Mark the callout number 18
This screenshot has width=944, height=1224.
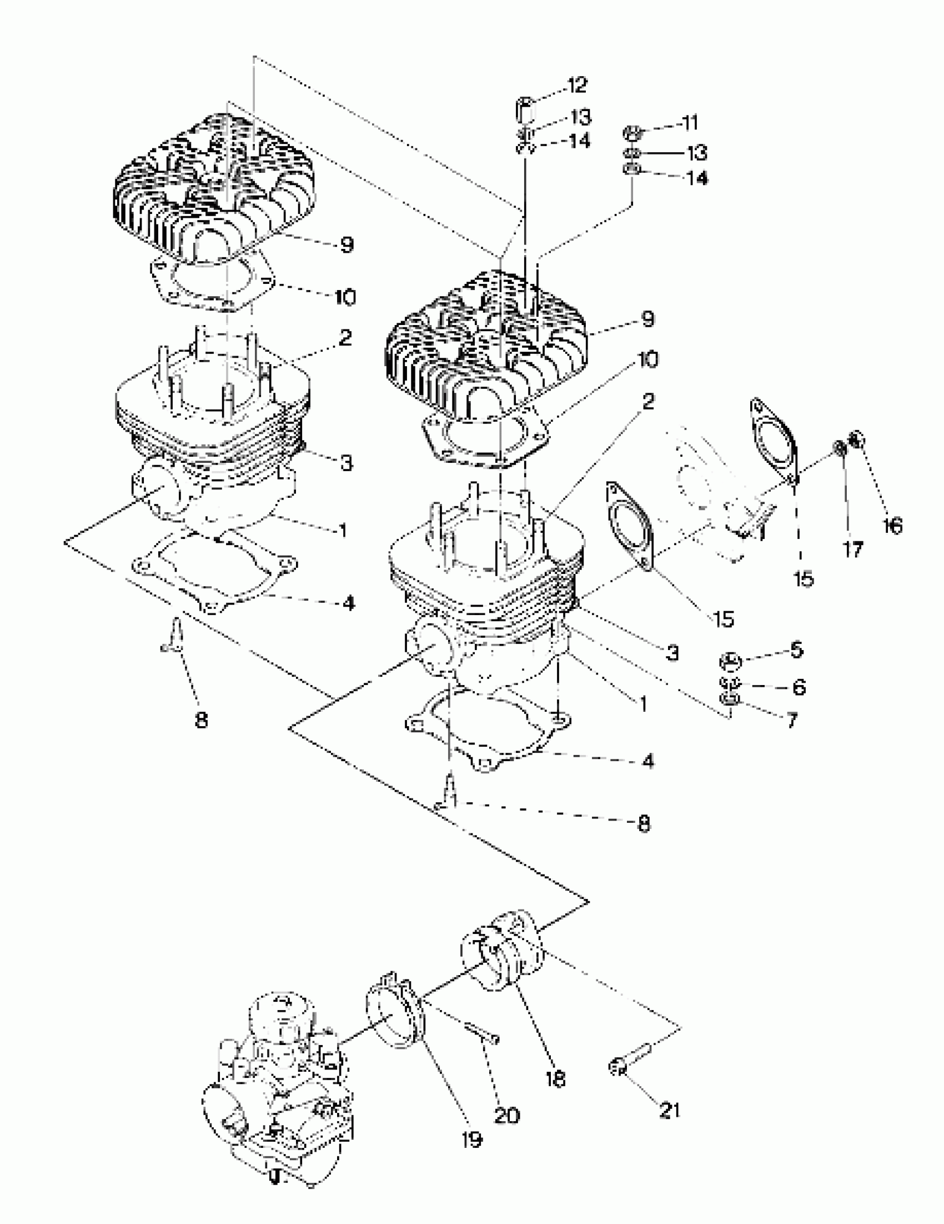click(x=555, y=1079)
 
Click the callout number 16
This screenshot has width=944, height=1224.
click(x=892, y=526)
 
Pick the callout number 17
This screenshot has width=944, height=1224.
click(x=853, y=549)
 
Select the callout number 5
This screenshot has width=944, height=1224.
click(x=796, y=650)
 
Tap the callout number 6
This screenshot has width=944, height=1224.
click(x=799, y=687)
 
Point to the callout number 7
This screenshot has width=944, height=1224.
click(x=792, y=721)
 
